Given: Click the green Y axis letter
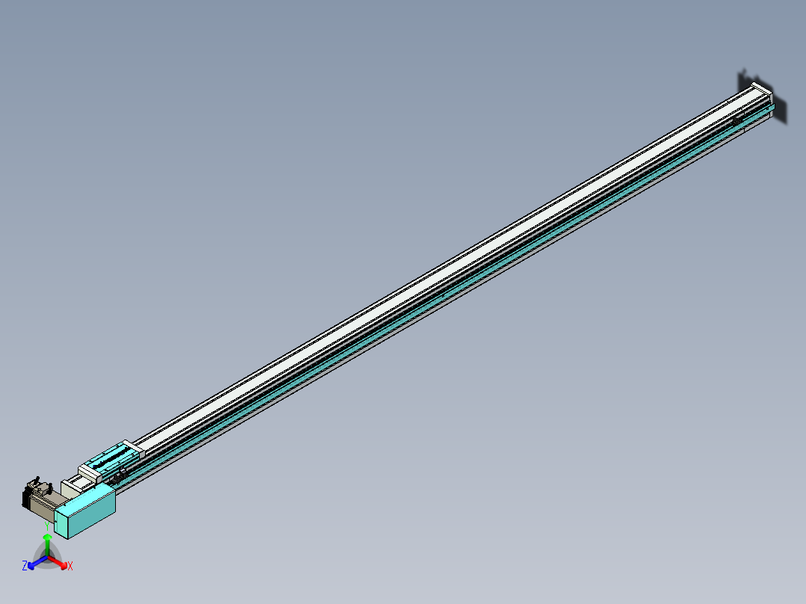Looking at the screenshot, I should pos(47,526).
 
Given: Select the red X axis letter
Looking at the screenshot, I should pos(70,566).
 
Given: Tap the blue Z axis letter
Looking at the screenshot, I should pos(25,566).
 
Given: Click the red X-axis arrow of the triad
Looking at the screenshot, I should pos(61,561).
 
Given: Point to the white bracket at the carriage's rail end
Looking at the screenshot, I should pos(132,449).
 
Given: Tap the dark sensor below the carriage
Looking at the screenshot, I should pos(118,476).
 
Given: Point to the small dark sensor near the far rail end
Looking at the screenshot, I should pos(738,120).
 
